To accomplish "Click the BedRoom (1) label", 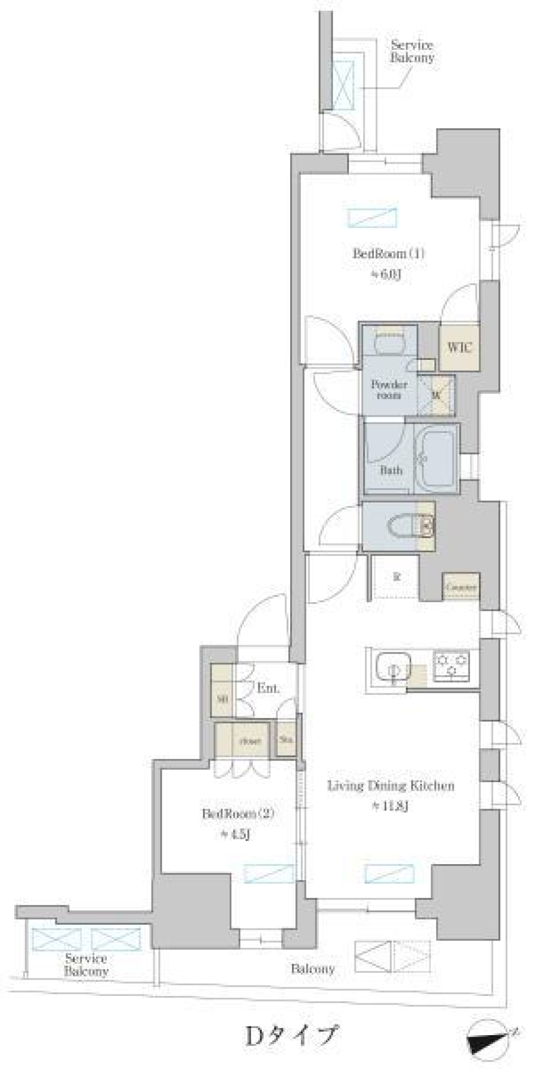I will pyautogui.click(x=388, y=254).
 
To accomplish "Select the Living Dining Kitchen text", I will pyautogui.click(x=391, y=785).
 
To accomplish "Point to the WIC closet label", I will pyautogui.click(x=460, y=347).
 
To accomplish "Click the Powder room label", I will pyautogui.click(x=389, y=389).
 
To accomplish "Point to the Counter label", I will pyautogui.click(x=461, y=587).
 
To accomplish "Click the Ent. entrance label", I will pyautogui.click(x=268, y=689).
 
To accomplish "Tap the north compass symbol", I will pyautogui.click(x=488, y=1036).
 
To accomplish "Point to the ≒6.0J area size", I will pyautogui.click(x=386, y=274).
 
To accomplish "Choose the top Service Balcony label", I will pyautogui.click(x=412, y=51).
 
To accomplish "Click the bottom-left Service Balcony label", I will pyautogui.click(x=86, y=965).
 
